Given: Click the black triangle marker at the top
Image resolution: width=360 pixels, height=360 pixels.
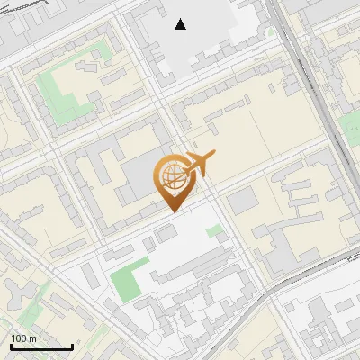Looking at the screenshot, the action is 181,24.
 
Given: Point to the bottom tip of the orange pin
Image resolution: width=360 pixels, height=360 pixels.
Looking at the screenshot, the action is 174,211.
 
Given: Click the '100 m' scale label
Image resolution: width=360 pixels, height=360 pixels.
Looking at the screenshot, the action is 23,338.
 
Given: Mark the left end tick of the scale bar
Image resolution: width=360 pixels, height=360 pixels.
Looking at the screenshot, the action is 11,346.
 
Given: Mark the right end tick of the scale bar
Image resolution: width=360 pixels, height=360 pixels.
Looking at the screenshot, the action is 72,346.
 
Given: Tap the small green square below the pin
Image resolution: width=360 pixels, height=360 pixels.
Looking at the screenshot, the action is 213,231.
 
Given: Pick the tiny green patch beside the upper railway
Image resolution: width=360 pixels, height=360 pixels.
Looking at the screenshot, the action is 270,31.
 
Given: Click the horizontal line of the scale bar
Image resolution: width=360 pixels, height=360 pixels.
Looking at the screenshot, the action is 41,347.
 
